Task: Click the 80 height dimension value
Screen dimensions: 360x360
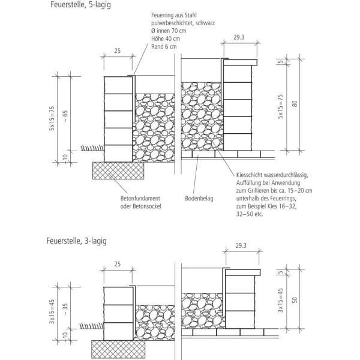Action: coord(295,103)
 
